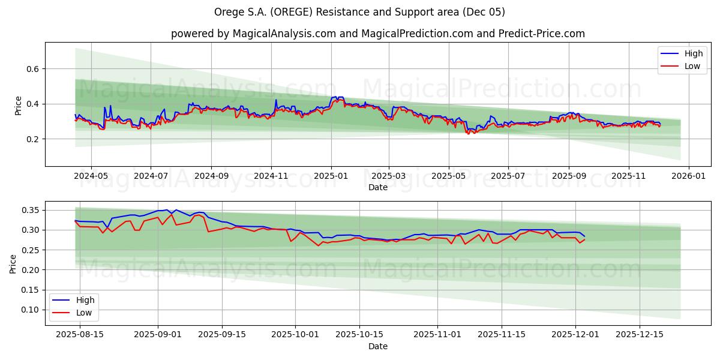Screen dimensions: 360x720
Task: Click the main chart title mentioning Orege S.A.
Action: [x=359, y=12]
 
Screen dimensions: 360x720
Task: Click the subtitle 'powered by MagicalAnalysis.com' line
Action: [x=377, y=34]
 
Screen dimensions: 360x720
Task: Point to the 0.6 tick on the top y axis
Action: [x=33, y=69]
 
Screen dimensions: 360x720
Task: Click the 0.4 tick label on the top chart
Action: [x=33, y=104]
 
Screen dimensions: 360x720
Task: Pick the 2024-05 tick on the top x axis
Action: [x=91, y=177]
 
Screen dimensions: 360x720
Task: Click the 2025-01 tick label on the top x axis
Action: [x=331, y=177]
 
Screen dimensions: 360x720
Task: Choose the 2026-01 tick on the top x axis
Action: [x=688, y=177]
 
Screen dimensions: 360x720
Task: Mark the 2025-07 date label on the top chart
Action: [x=508, y=177]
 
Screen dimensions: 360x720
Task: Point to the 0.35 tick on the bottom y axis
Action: [x=31, y=210]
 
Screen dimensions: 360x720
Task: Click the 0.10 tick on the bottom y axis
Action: [x=31, y=310]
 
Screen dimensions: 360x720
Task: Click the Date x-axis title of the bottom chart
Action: [x=377, y=346]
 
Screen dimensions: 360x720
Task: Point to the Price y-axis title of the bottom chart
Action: [x=13, y=263]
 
